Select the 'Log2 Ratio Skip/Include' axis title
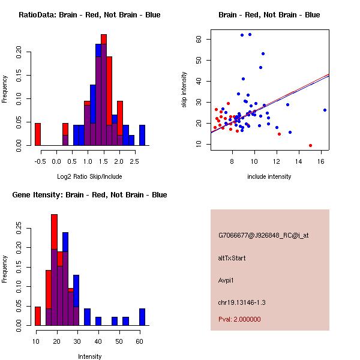(x=90, y=176)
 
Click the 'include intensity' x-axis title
(x=270, y=176)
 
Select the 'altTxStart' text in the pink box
(x=232, y=258)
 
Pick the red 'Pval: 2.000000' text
(x=239, y=319)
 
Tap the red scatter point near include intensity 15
(x=310, y=145)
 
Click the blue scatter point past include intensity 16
(x=325, y=110)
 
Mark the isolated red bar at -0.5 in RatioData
(x=38, y=134)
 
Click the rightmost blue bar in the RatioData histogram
(x=142, y=135)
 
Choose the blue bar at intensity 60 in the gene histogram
(x=142, y=317)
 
